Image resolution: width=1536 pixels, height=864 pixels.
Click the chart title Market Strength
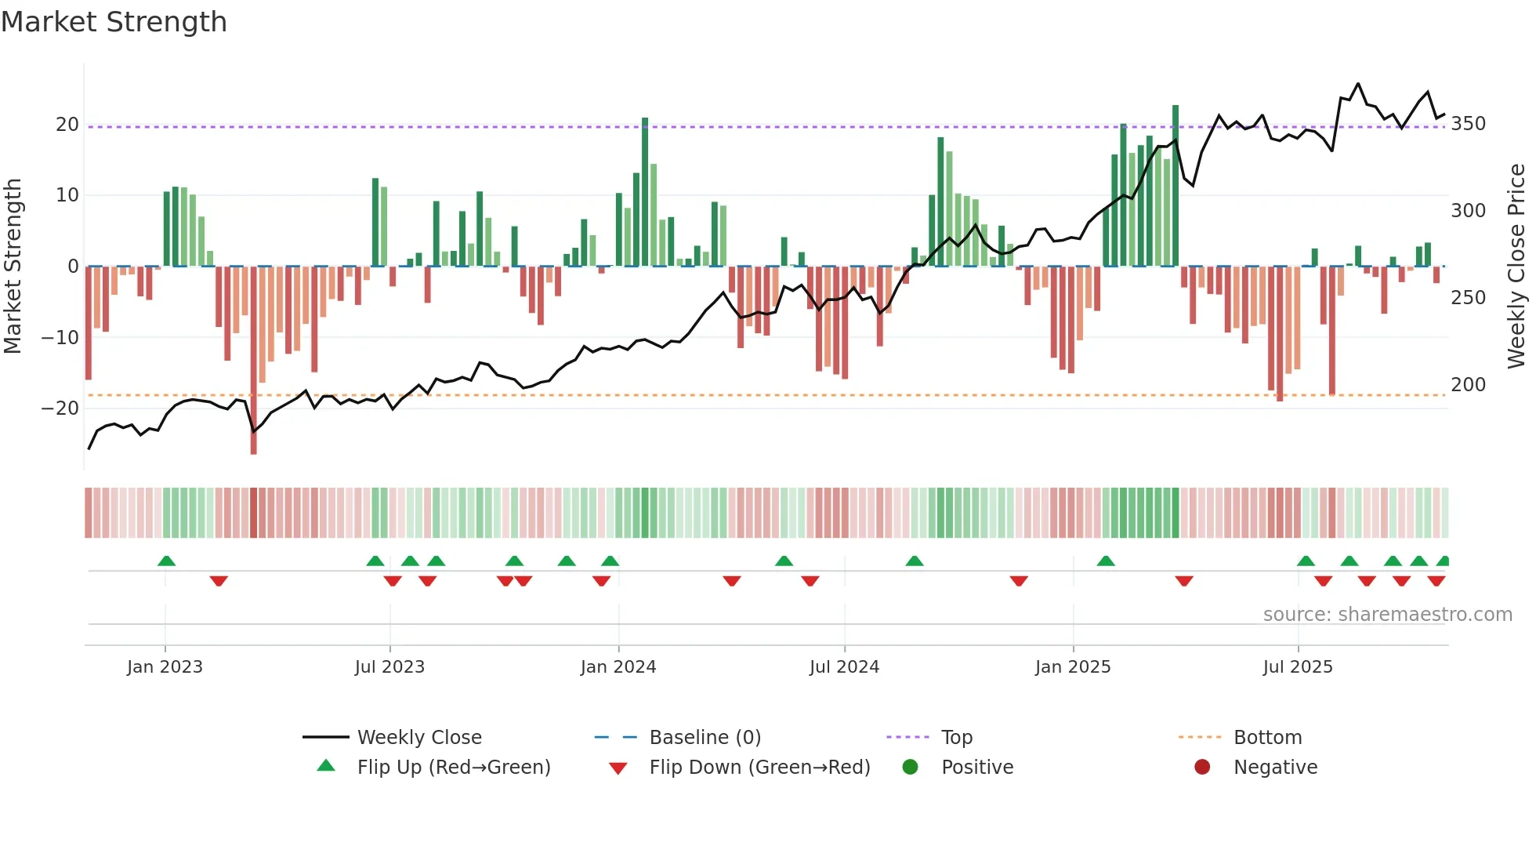tap(114, 22)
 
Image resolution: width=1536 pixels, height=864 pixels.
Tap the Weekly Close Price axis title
tap(1516, 266)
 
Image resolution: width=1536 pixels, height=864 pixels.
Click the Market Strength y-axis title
tap(13, 266)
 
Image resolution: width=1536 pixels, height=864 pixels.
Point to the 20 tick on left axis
tap(67, 125)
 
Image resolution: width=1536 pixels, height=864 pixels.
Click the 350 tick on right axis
tap(1468, 124)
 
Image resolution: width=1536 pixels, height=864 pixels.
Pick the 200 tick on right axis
tap(1468, 385)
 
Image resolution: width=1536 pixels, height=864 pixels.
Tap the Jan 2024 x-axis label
tap(618, 667)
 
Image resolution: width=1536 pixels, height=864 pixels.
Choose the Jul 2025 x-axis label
tap(1298, 667)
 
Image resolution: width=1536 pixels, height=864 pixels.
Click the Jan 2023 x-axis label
tap(165, 667)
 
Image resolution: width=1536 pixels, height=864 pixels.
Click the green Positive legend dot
tap(910, 768)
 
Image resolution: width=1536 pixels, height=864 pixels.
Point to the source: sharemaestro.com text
tap(1387, 615)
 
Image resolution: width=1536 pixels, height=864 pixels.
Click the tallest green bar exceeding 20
tap(1176, 185)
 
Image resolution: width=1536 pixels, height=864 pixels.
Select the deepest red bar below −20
tap(254, 361)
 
